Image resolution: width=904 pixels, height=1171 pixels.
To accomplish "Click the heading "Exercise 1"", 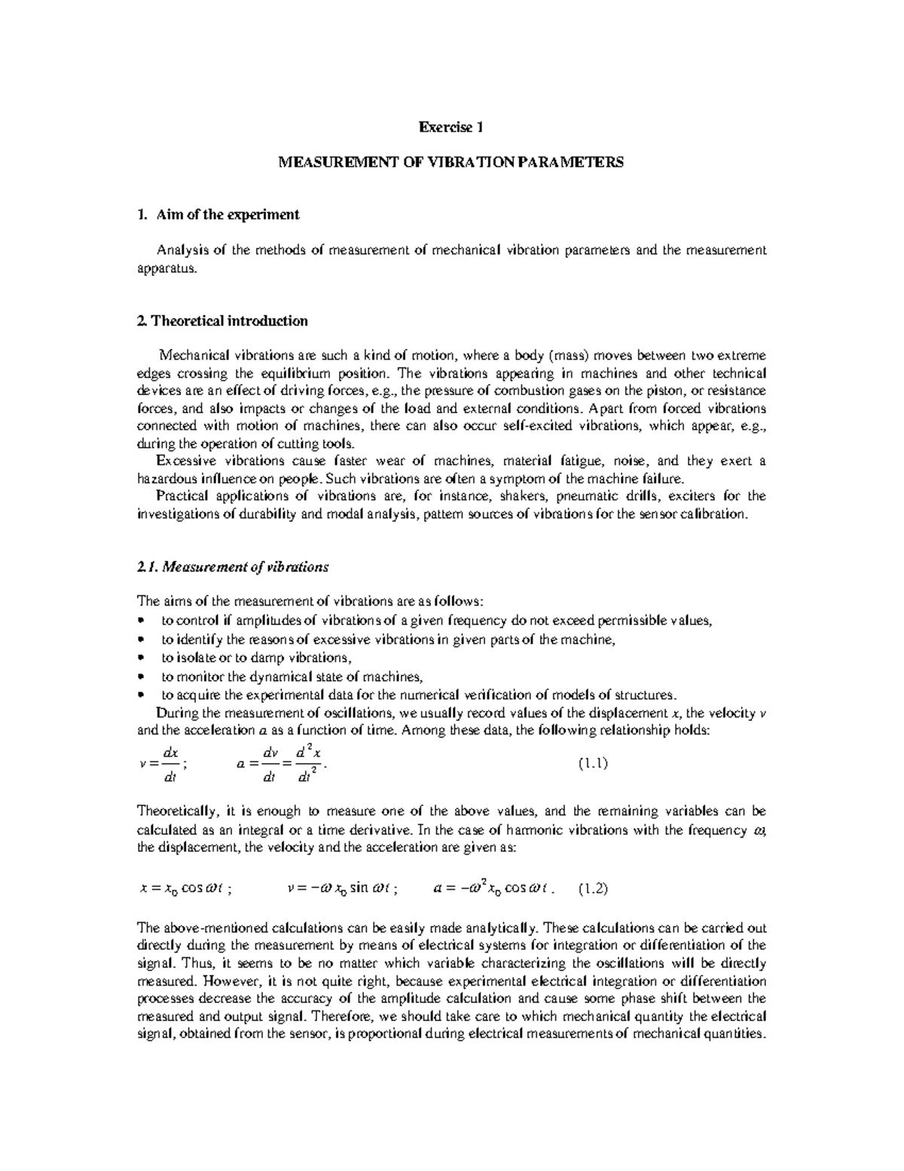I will click(450, 127).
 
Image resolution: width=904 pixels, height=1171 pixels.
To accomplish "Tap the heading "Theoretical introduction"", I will click(229, 321).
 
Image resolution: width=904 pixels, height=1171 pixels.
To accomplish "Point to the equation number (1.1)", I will click(593, 763).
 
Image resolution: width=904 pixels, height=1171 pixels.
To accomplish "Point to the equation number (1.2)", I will click(593, 888).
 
